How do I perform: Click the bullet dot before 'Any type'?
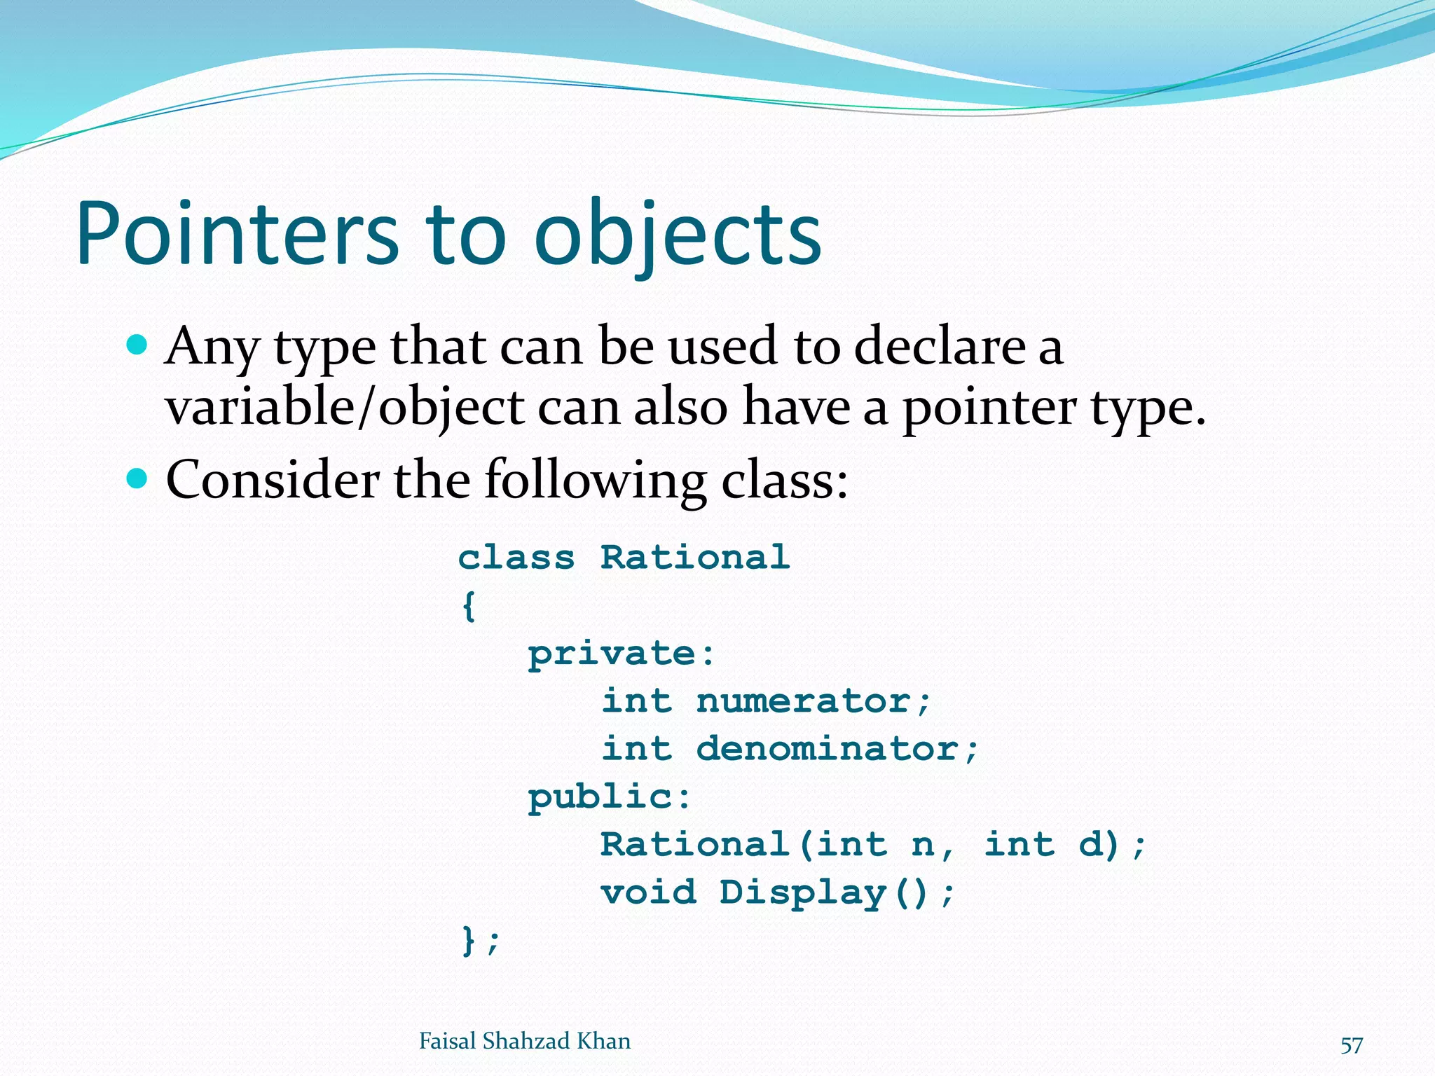coord(137,345)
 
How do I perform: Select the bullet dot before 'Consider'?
coord(137,479)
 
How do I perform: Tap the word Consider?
coord(273,481)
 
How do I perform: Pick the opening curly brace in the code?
coord(469,606)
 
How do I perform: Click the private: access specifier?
coord(621,654)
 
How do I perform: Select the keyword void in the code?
coord(649,892)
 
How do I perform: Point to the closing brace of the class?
coord(469,940)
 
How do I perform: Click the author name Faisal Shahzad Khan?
coord(525,1042)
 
